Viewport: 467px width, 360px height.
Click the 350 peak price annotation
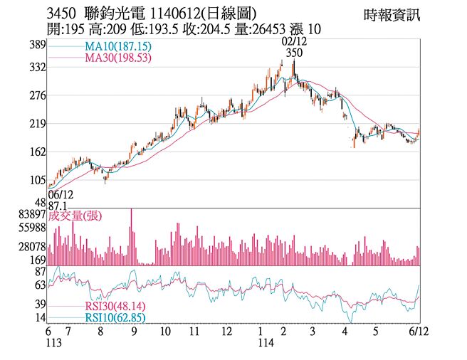coord(293,53)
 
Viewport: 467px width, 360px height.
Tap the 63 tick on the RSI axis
coord(40,285)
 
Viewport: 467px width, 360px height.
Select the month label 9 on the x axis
coord(135,332)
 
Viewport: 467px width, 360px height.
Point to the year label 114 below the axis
coord(266,344)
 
